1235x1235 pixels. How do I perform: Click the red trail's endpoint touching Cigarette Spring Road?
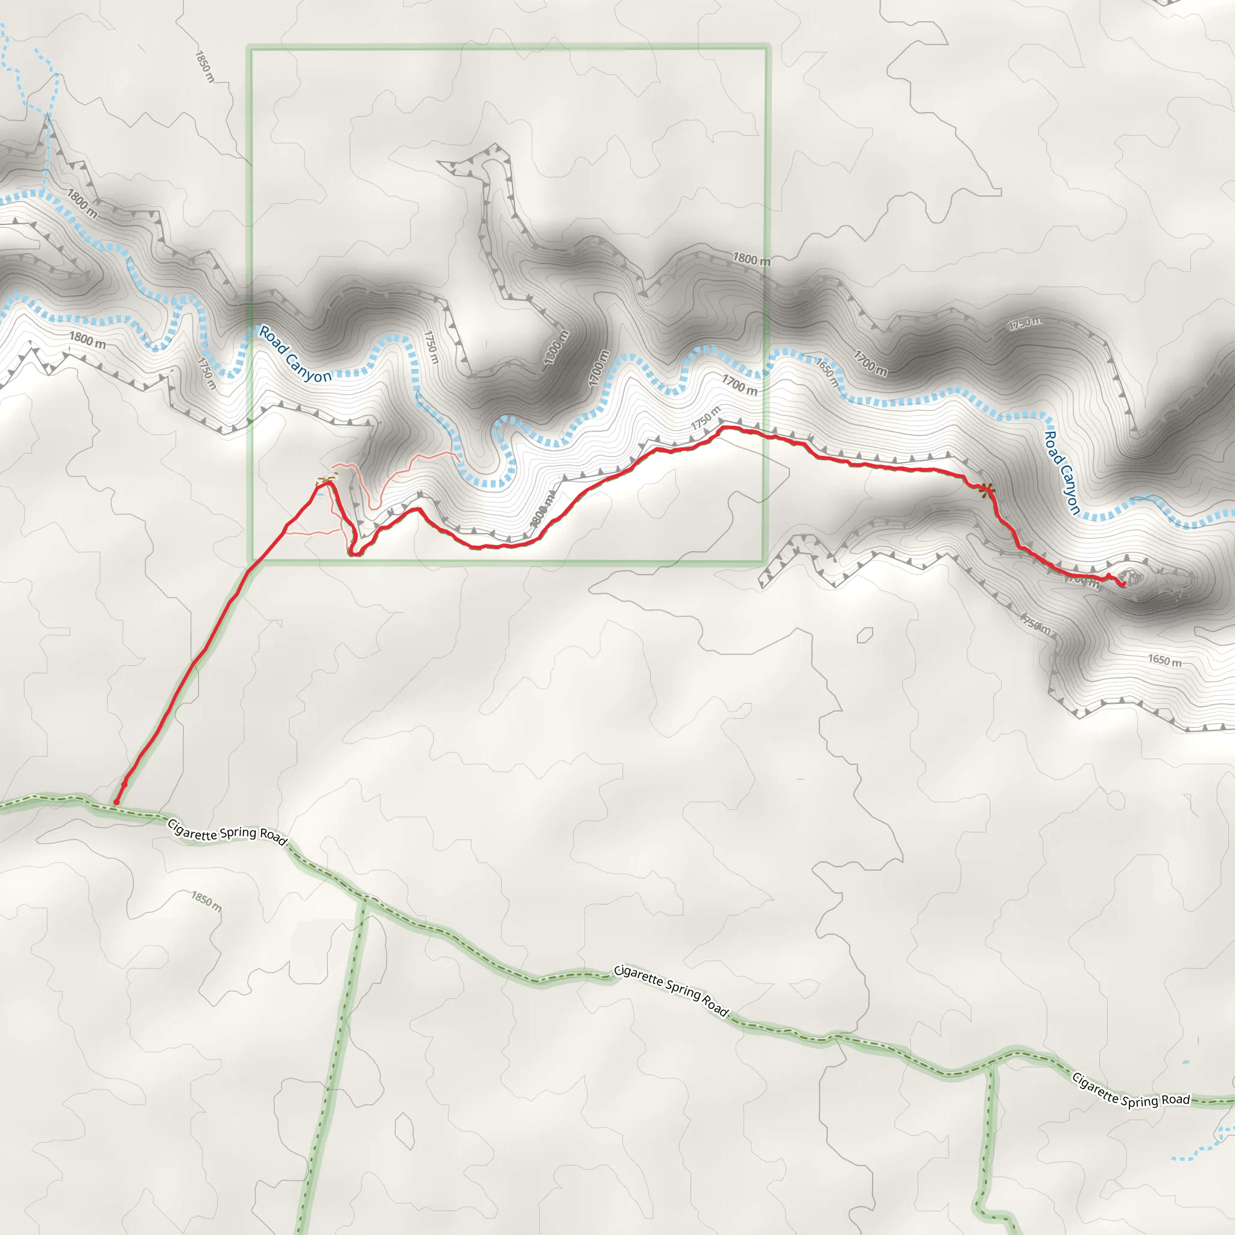pyautogui.click(x=116, y=801)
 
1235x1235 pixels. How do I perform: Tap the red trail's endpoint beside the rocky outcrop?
pyautogui.click(x=1123, y=585)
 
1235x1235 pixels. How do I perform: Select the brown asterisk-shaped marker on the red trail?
pyautogui.click(x=988, y=490)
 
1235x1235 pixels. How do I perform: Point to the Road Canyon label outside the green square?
pyautogui.click(x=1062, y=472)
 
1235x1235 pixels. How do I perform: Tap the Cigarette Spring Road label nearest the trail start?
pyautogui.click(x=227, y=833)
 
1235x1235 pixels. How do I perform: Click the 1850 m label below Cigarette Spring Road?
pyautogui.click(x=206, y=902)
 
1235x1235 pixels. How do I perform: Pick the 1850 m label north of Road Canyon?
pyautogui.click(x=204, y=66)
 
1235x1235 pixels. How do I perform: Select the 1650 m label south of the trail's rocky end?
pyautogui.click(x=1164, y=660)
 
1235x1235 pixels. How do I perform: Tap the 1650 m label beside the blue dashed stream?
pyautogui.click(x=827, y=372)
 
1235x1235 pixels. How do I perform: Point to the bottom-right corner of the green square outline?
pyautogui.click(x=764, y=563)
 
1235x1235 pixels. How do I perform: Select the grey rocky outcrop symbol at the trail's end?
pyautogui.click(x=1132, y=578)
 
